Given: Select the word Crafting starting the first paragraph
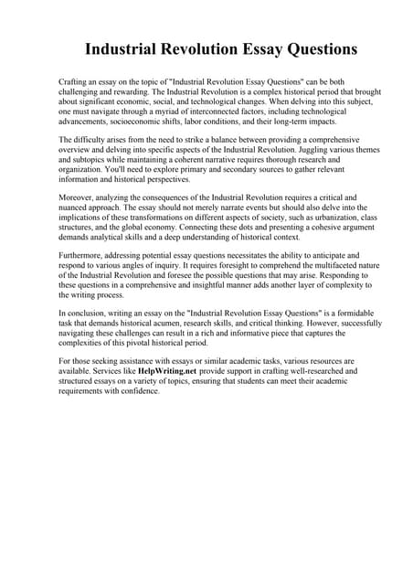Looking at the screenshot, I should [74, 82].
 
